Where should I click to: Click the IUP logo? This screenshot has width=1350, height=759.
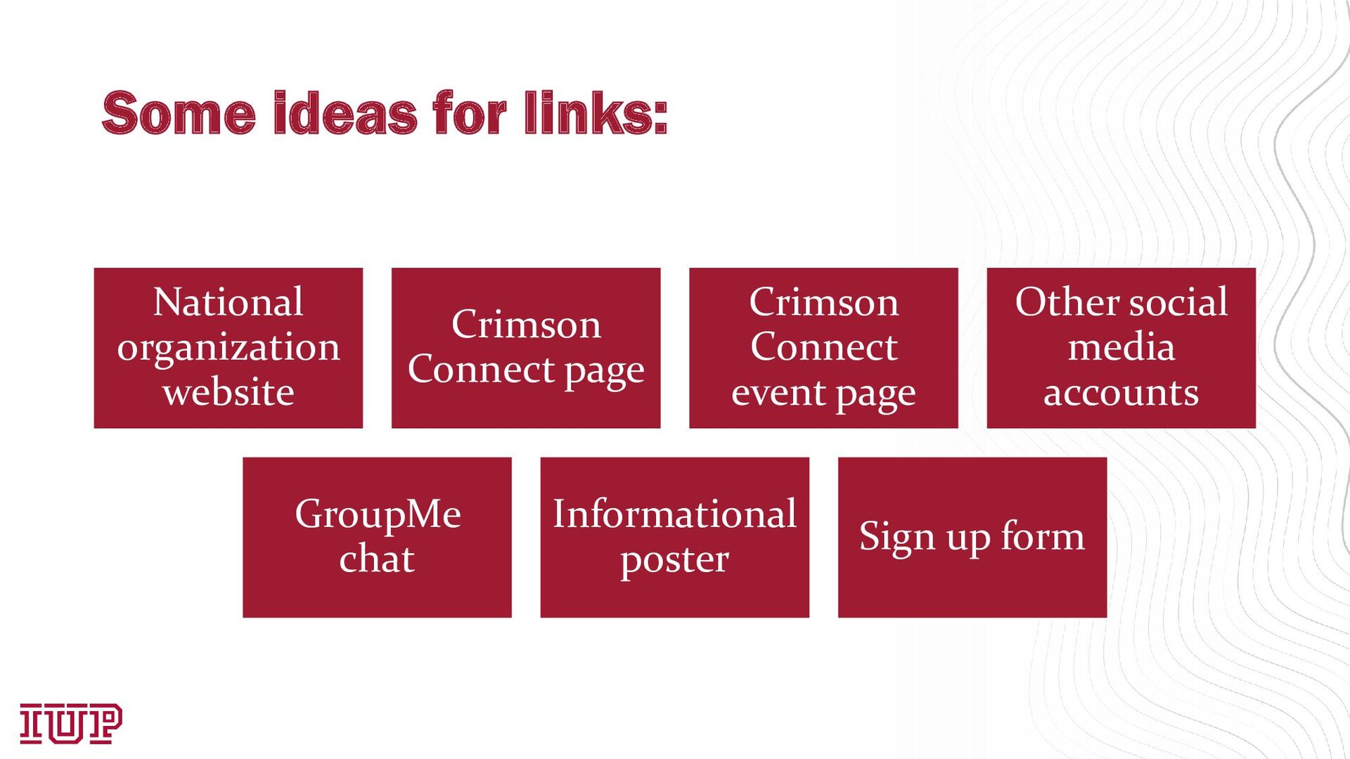tap(70, 723)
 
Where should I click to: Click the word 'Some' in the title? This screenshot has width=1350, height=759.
tap(179, 113)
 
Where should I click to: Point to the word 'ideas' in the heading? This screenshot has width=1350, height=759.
tap(345, 113)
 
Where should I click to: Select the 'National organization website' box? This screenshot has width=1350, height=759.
tap(228, 348)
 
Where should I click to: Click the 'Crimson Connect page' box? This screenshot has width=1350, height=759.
tap(526, 348)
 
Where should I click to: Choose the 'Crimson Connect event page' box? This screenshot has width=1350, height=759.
tap(823, 348)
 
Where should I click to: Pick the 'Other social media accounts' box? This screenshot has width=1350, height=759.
tap(1121, 348)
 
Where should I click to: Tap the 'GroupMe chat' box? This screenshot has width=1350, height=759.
tap(377, 538)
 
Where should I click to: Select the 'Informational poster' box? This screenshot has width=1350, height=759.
tap(674, 538)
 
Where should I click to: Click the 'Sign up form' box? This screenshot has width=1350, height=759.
tap(972, 538)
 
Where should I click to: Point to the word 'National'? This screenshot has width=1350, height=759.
tap(228, 302)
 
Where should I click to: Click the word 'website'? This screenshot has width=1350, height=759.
tap(228, 392)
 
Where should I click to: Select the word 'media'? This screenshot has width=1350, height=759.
tap(1121, 347)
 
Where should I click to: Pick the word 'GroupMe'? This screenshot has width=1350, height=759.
tap(378, 515)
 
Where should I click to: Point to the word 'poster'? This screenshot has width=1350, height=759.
tap(674, 561)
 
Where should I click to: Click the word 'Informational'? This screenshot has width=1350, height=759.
tap(674, 514)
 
